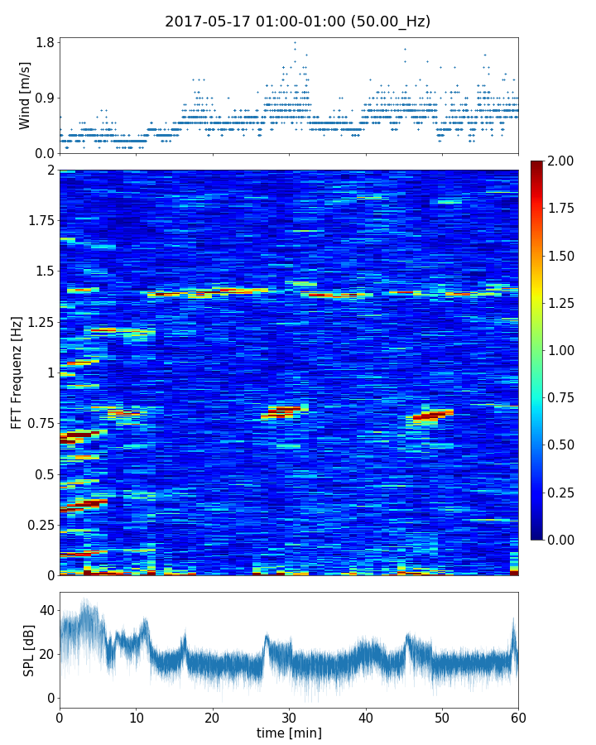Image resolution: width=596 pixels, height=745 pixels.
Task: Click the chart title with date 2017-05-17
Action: click(x=297, y=22)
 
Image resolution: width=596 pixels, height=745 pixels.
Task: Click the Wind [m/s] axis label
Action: click(x=25, y=95)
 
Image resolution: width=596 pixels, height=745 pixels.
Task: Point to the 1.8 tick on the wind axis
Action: click(x=46, y=43)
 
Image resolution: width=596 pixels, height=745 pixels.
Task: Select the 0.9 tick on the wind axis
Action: click(x=46, y=99)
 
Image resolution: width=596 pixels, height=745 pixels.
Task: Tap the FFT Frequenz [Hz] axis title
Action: click(x=17, y=372)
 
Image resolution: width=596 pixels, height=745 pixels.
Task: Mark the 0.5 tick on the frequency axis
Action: click(x=43, y=474)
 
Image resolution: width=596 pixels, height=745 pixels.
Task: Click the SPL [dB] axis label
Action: click(x=29, y=650)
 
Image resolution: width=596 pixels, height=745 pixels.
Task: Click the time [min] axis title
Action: click(x=289, y=733)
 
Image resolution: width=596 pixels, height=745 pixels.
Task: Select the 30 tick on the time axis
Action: click(x=289, y=716)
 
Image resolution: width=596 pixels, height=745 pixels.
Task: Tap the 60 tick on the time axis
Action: click(x=518, y=716)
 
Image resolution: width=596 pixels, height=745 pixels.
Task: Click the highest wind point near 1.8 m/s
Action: click(x=295, y=42)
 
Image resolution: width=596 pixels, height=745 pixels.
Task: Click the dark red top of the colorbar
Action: click(x=537, y=165)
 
